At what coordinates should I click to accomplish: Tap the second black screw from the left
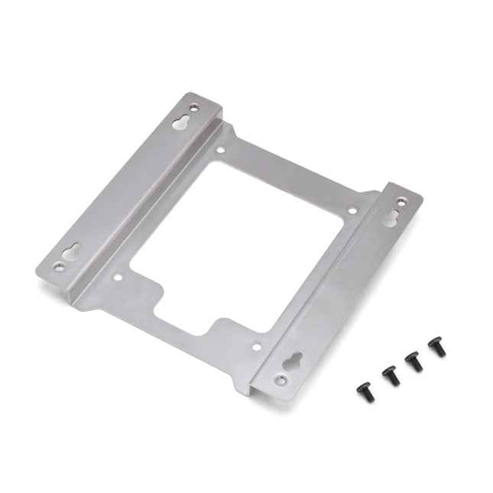click(389, 375)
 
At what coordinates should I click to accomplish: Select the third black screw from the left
click(413, 361)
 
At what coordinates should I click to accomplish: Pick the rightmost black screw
click(437, 346)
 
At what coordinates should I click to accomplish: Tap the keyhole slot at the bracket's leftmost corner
click(72, 251)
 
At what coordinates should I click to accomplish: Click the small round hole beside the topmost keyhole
click(193, 108)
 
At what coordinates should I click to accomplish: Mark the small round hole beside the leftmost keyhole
click(60, 267)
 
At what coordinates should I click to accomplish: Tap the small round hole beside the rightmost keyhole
click(404, 201)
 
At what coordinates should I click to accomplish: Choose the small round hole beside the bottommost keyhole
click(281, 380)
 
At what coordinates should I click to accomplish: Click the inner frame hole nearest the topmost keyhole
click(220, 151)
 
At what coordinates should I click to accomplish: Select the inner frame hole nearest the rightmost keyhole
click(352, 210)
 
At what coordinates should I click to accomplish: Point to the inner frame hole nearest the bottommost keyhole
click(257, 346)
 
